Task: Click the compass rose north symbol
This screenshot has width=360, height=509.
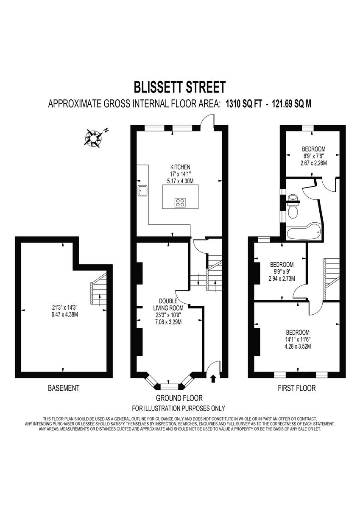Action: tap(94, 137)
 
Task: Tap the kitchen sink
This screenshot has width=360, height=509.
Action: tap(142, 192)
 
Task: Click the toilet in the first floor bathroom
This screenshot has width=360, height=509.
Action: tap(293, 211)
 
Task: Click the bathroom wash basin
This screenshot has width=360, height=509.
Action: tap(293, 198)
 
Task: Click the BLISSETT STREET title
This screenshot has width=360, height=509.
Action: tap(180, 87)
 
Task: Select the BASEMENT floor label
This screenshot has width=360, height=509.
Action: tap(63, 388)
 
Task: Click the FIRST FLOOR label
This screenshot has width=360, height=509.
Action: tap(296, 388)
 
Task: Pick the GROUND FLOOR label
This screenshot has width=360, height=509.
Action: tap(179, 398)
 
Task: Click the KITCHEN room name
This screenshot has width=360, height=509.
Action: tap(180, 167)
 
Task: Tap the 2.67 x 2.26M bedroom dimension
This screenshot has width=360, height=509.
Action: tap(313, 162)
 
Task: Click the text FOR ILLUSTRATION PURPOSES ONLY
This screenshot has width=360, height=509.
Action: tap(179, 408)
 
